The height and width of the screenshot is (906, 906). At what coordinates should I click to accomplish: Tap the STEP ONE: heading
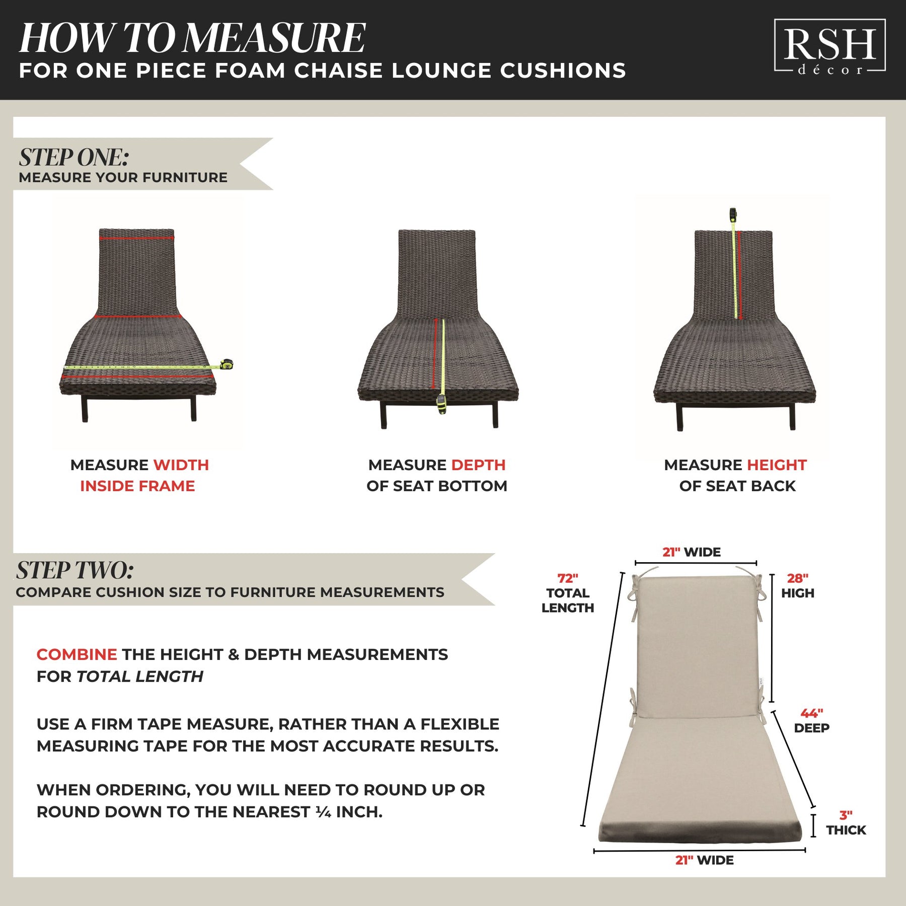(x=74, y=157)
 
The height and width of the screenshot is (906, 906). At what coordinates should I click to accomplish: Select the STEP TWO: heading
(x=74, y=570)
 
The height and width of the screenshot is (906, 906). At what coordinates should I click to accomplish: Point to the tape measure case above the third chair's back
(x=733, y=215)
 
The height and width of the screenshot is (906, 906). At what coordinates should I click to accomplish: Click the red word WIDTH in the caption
(x=181, y=465)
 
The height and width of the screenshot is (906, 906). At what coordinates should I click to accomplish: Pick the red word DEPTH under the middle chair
(x=478, y=465)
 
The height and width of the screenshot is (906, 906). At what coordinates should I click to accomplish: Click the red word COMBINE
(x=77, y=654)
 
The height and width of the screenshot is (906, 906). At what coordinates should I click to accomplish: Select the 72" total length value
(x=568, y=578)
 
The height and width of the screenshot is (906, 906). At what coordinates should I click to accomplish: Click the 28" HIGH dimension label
(x=798, y=586)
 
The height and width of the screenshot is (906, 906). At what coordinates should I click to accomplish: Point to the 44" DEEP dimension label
(x=811, y=720)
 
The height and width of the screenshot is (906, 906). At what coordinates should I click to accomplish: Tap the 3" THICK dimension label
(x=846, y=822)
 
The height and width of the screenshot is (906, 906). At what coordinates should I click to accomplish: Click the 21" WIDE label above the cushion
(x=691, y=552)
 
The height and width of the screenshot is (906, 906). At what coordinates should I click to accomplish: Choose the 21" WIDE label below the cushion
(x=704, y=860)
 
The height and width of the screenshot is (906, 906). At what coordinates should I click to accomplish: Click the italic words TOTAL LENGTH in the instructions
(x=140, y=676)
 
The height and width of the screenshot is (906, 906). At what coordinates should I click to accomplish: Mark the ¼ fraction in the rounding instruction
(x=323, y=812)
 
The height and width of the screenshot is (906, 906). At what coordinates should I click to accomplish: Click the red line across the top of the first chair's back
(x=136, y=238)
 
